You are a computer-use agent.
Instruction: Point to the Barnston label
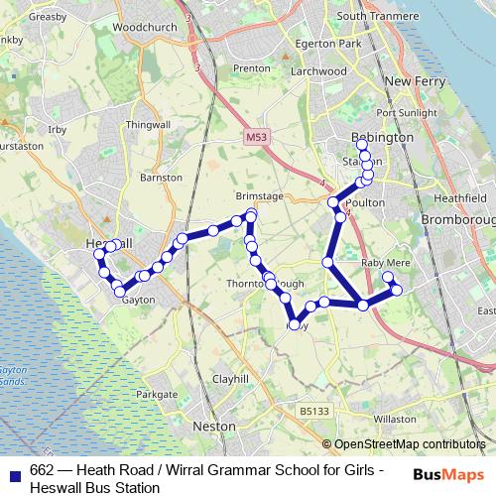coord(162,178)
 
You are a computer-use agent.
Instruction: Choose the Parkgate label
coord(157,394)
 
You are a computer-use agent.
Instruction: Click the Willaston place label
coord(396,419)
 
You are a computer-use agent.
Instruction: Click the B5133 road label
coord(313,410)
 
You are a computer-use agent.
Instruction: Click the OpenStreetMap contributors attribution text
coord(409,444)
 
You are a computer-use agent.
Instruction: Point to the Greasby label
coord(20,17)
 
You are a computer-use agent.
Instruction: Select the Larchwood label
coord(317,71)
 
